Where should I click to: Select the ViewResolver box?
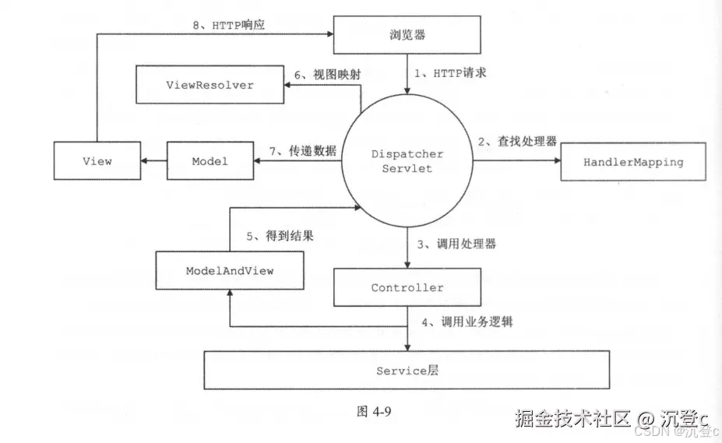[x=209, y=84]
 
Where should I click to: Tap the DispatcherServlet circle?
[x=407, y=161]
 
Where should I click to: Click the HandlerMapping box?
[x=632, y=162]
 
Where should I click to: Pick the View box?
[x=97, y=161]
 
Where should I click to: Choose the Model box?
[x=210, y=161]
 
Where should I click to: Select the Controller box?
[x=407, y=287]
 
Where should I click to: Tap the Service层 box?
[x=407, y=371]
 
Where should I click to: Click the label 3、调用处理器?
[x=456, y=244]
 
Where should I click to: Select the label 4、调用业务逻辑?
[x=466, y=320]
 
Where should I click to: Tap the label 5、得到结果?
[x=280, y=236]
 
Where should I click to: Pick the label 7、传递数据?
[x=303, y=151]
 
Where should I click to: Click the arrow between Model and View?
[x=153, y=161]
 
